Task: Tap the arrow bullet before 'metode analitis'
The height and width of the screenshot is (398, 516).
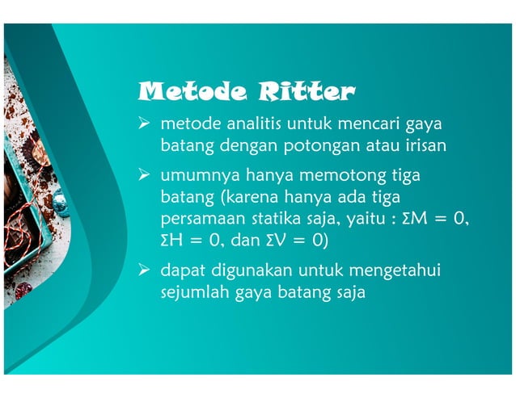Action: click(x=146, y=125)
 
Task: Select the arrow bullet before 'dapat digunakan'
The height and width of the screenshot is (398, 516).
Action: click(x=146, y=270)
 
